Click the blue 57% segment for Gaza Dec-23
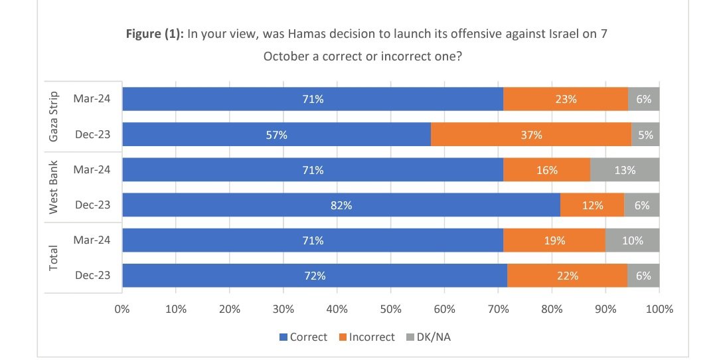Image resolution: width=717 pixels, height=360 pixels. pos(276,135)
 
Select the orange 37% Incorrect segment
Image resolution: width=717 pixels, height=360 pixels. pos(531,135)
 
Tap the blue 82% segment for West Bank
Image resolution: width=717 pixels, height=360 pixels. pos(341,205)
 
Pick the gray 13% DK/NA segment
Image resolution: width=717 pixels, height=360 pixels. pos(625,170)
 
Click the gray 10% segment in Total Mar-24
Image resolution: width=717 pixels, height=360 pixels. pos(632,240)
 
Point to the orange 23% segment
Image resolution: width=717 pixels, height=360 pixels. pos(566,100)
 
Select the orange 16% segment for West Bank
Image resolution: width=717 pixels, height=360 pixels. pos(546,170)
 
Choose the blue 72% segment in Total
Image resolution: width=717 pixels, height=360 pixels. pos(315,276)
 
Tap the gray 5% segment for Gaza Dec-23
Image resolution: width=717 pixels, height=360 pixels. pos(645,135)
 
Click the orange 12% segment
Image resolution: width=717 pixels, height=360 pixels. pos(592,205)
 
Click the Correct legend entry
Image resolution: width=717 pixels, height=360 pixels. pos(303,337)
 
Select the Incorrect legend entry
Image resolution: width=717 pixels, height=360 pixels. pos(366,337)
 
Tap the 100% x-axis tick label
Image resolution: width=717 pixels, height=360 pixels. pos(659,309)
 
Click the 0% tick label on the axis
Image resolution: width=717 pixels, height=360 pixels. pos(122,309)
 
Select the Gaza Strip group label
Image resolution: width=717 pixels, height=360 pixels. pos(55,116)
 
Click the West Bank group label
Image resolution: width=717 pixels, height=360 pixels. pos(55,187)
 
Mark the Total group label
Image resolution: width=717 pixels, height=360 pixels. pos(55,258)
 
